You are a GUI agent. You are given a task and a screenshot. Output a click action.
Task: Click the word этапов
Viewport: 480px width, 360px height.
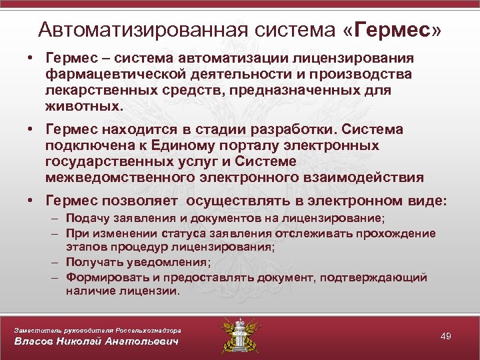[84, 247]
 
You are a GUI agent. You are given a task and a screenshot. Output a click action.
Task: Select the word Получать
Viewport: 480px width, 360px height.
[91, 262]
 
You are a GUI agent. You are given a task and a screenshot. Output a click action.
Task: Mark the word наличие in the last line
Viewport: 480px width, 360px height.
[89, 291]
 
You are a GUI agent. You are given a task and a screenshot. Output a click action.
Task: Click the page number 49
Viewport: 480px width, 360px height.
[446, 336]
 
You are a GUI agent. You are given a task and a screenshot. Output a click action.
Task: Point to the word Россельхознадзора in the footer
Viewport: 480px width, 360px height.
[146, 329]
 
